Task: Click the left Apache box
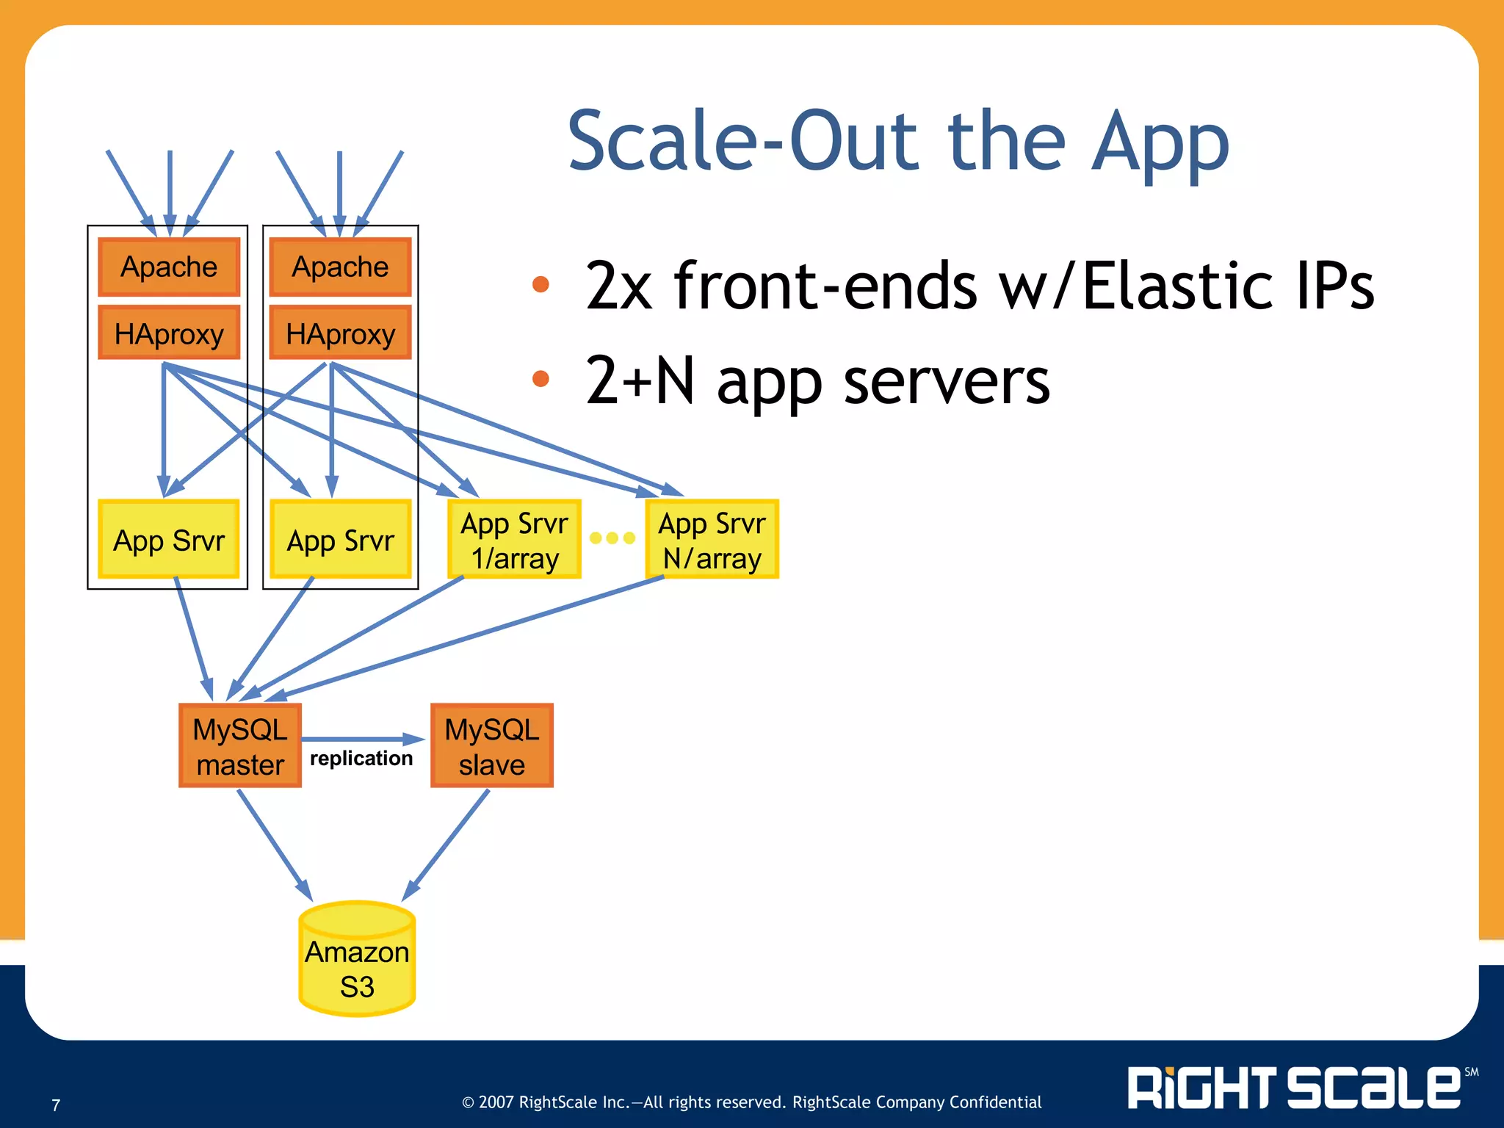pyautogui.click(x=169, y=267)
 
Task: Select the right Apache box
pyautogui.click(x=340, y=267)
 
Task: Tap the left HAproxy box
pyautogui.click(x=169, y=333)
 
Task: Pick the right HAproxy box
pyautogui.click(x=340, y=333)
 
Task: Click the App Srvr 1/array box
pyautogui.click(x=514, y=540)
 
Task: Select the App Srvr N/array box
pyautogui.click(x=712, y=540)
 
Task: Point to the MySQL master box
pyautogui.click(x=240, y=746)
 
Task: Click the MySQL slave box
pyautogui.click(x=491, y=746)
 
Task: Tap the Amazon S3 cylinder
pyautogui.click(x=357, y=962)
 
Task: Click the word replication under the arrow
pyautogui.click(x=361, y=758)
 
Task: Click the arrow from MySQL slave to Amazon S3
pyautogui.click(x=446, y=845)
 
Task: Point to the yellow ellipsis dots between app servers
pyautogui.click(x=612, y=538)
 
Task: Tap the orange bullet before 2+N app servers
pyautogui.click(x=540, y=378)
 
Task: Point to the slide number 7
pyautogui.click(x=56, y=1105)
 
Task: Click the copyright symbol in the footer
pyautogui.click(x=468, y=1102)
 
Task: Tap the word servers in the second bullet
pyautogui.click(x=947, y=382)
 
